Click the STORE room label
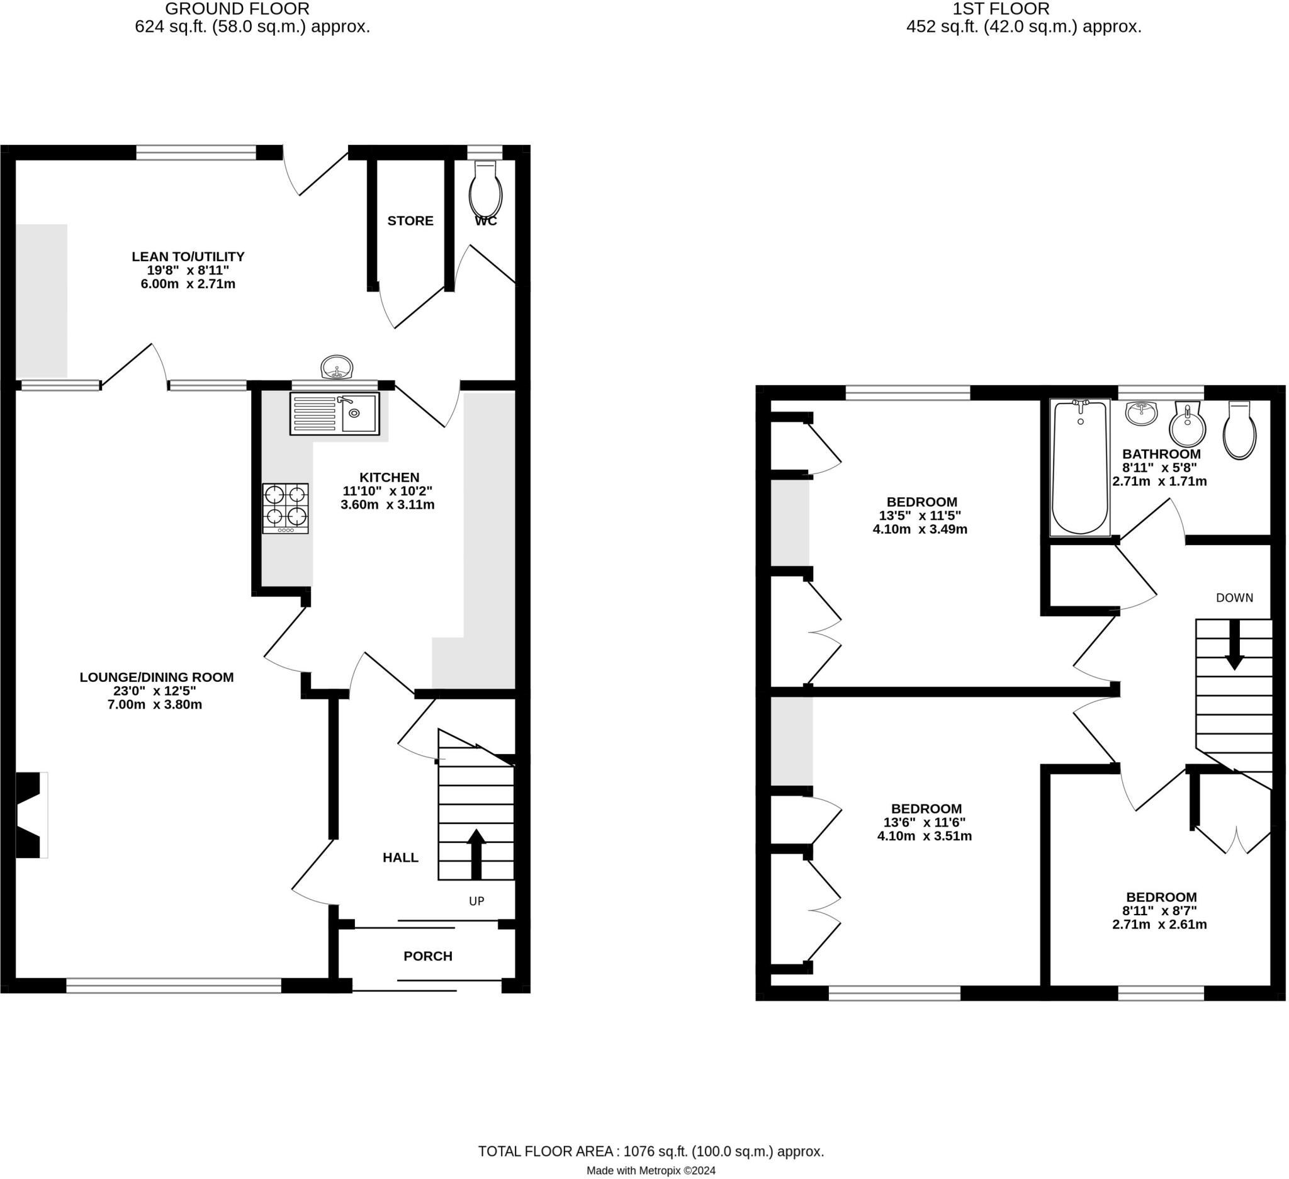(410, 220)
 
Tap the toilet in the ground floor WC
(486, 189)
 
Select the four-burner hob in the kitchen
(285, 509)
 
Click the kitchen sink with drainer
(334, 414)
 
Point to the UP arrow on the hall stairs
(476, 854)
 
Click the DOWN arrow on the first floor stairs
(1234, 645)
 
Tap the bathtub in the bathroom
(1081, 467)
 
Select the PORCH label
(428, 956)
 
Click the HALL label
(400, 857)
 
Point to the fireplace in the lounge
(31, 815)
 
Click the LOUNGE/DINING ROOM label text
(157, 677)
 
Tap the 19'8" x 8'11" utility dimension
(188, 270)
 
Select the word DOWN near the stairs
(1235, 598)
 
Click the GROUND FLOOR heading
(237, 9)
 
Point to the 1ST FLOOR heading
(1001, 9)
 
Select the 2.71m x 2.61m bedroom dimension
(1160, 924)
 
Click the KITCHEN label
(390, 477)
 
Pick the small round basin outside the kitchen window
(336, 368)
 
